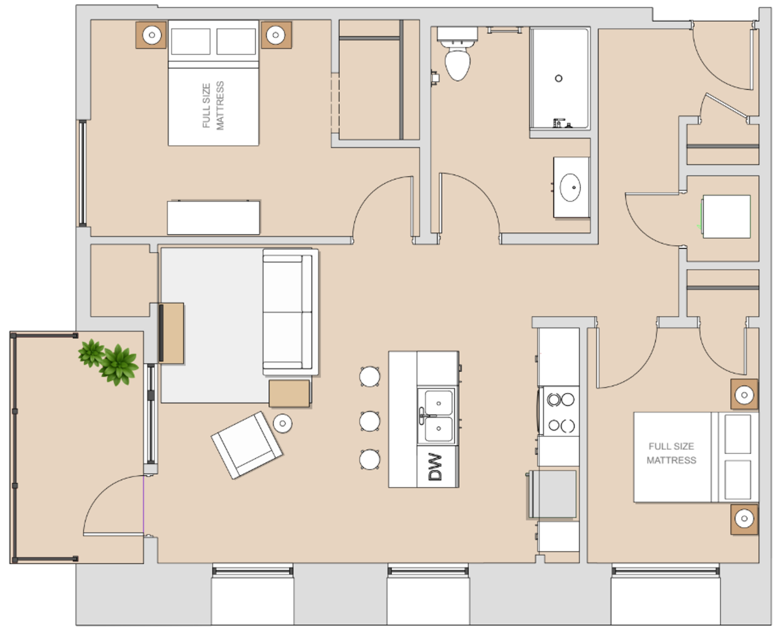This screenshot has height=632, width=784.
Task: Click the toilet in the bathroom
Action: point(457,54)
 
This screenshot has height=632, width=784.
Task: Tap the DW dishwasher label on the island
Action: point(435,467)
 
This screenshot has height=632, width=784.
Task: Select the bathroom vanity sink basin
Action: point(570,187)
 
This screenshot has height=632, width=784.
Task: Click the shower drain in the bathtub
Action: point(559,78)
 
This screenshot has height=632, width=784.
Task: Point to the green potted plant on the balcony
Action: point(109,361)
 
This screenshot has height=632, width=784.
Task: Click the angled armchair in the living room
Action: point(247,445)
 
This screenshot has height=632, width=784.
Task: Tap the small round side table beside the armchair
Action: point(282,424)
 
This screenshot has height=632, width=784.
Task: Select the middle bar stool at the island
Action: point(370,421)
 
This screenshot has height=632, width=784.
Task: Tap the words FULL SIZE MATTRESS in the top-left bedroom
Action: point(213,106)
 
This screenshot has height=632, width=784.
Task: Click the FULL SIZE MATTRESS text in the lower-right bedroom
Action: point(671,453)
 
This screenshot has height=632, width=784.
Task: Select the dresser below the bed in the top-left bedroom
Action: point(214,217)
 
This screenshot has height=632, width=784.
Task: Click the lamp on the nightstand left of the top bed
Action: point(151,35)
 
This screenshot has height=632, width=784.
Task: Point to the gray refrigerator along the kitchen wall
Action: point(552,495)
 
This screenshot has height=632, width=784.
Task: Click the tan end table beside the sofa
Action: point(289,394)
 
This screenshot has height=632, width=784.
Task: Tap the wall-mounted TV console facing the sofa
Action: point(171,333)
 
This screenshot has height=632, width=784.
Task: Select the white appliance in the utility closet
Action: point(726,217)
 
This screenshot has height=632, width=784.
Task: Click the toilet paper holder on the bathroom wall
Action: point(435,78)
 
